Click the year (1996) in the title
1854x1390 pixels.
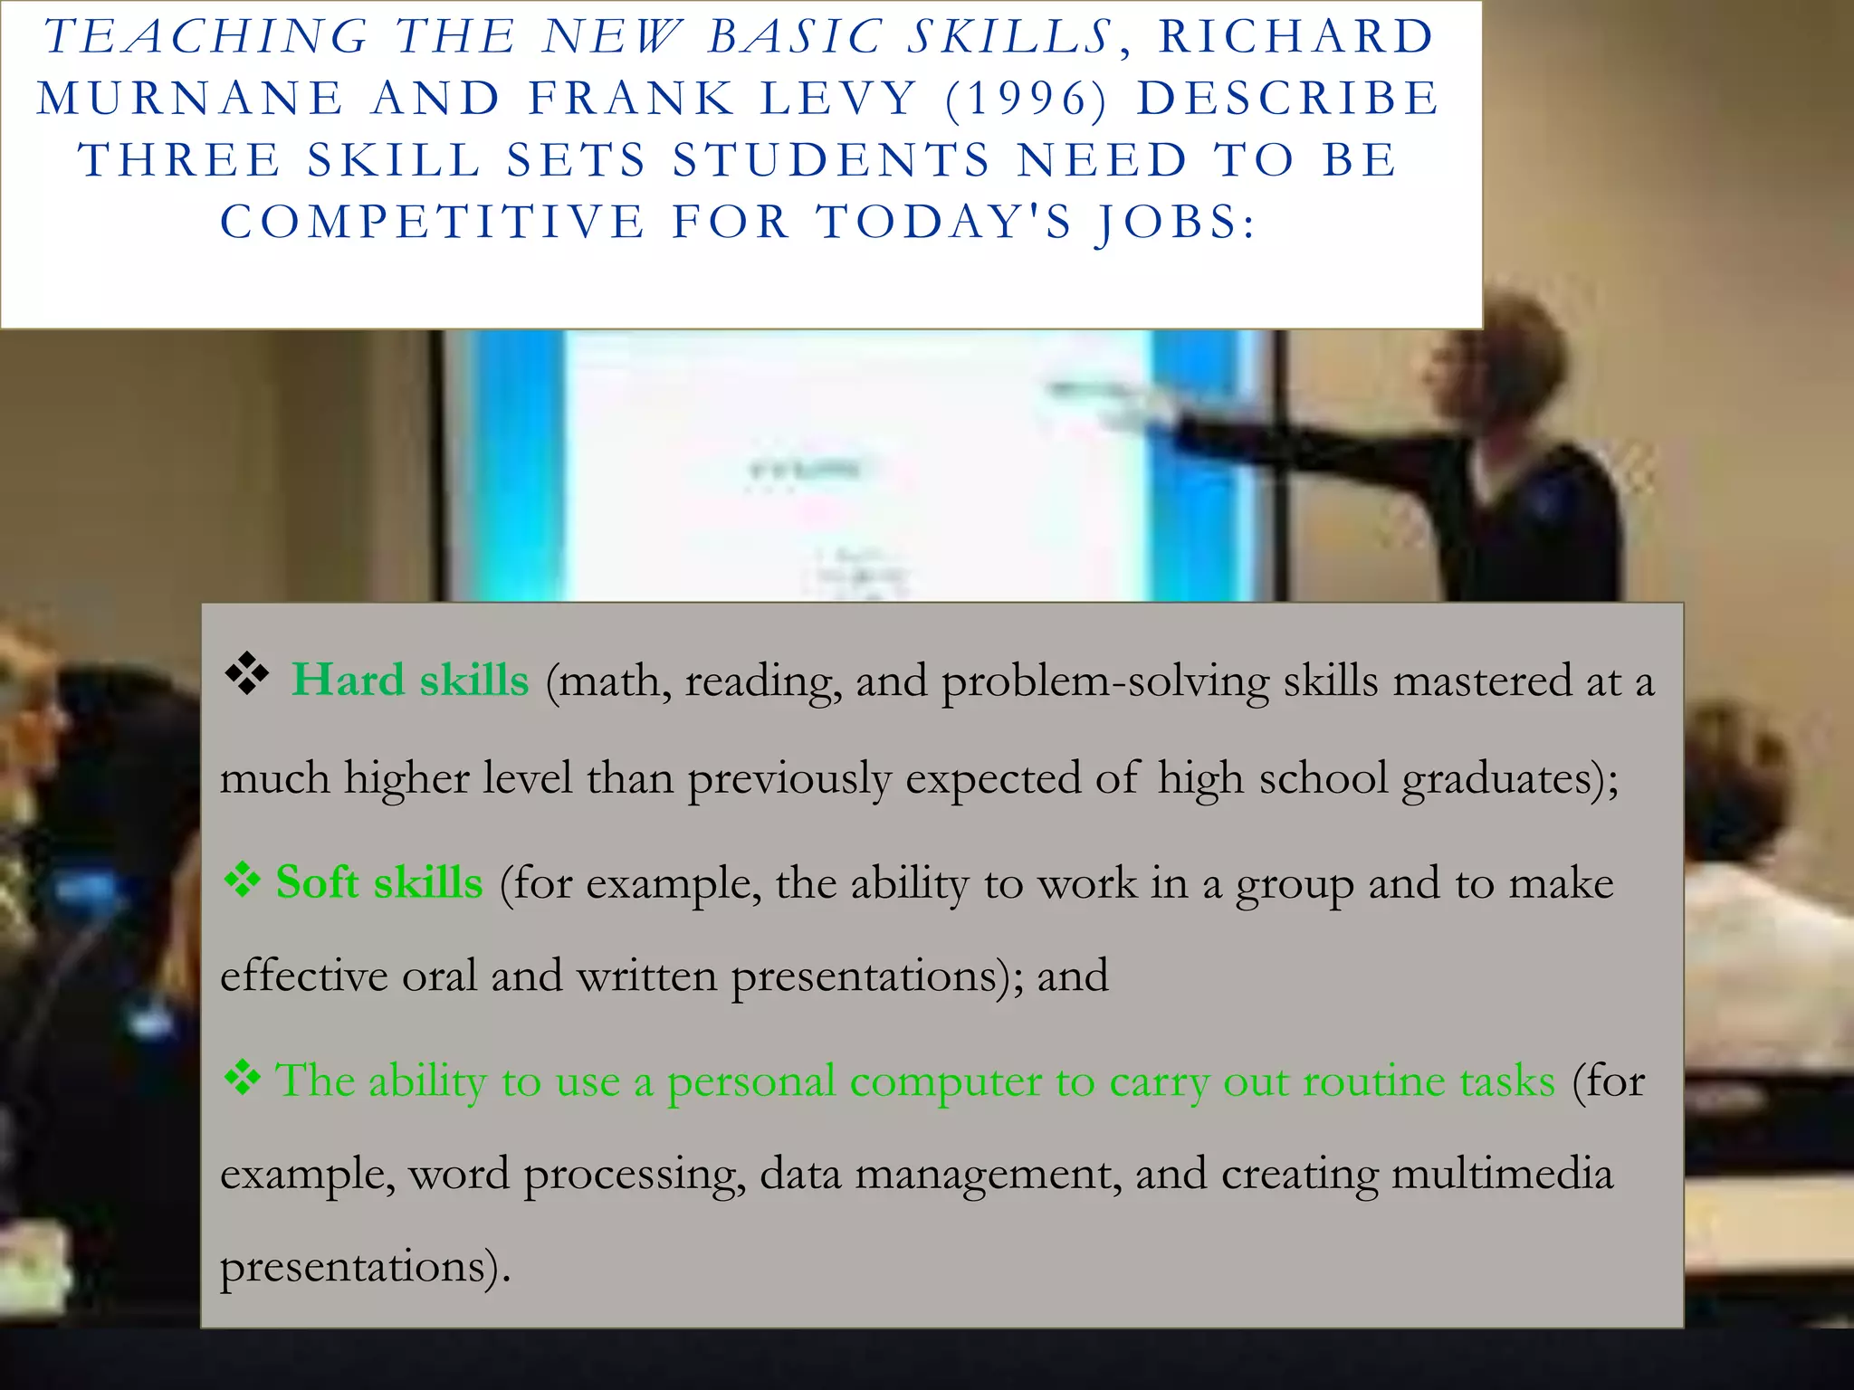1026,100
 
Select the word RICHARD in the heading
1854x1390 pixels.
1296,38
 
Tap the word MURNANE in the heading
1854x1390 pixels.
191,100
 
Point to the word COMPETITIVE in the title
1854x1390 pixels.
433,223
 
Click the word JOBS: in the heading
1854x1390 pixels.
1175,223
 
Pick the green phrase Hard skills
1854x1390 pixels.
410,681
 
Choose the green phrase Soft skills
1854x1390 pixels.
379,882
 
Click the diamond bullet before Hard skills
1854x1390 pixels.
246,675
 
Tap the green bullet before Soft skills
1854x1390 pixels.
243,880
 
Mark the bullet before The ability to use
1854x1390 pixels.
243,1079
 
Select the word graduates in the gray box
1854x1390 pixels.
1497,779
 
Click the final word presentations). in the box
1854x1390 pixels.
365,1267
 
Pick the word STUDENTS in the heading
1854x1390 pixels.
832,161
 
